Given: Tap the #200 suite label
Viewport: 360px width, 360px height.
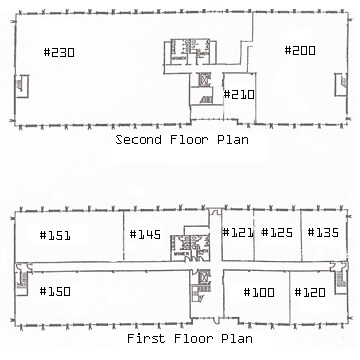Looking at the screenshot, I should [x=300, y=50].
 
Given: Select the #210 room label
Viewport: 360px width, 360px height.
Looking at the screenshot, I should [x=240, y=95].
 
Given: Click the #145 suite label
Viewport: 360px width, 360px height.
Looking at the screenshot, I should [x=145, y=234].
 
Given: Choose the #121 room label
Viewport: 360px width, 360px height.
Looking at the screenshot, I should [x=238, y=233].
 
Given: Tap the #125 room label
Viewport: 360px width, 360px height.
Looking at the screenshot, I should [x=276, y=233].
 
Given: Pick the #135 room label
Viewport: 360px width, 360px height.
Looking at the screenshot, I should [x=323, y=233].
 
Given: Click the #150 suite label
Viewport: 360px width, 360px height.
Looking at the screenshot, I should [x=55, y=292].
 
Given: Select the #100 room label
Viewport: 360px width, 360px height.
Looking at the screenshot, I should [x=258, y=293].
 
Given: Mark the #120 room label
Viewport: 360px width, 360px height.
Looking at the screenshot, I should [x=310, y=293].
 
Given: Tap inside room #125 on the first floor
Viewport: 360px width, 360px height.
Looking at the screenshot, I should [x=276, y=250].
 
